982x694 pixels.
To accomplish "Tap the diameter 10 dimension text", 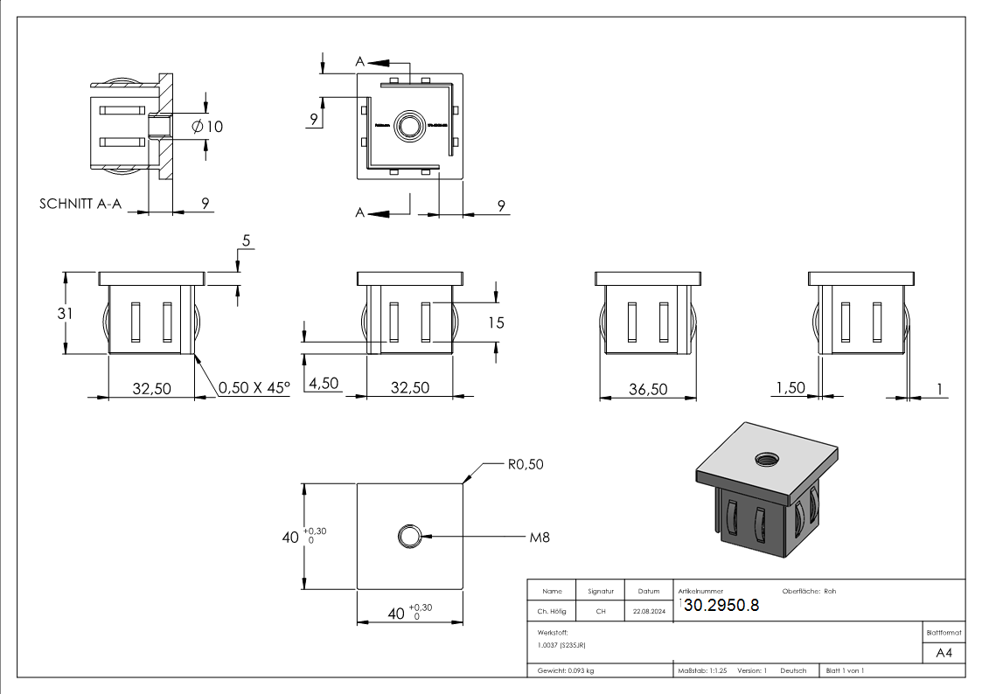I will tap(206, 127).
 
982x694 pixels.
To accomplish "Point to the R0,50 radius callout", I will tap(525, 464).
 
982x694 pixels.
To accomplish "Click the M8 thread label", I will tap(540, 537).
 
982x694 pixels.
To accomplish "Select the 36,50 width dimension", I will tap(648, 389).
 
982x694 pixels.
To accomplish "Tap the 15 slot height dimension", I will tap(496, 323).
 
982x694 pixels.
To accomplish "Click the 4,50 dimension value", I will tap(323, 385).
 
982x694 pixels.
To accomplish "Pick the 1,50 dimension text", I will tap(790, 387).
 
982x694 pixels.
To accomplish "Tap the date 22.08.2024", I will tap(649, 612).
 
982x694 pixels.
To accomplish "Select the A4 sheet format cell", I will tap(944, 653).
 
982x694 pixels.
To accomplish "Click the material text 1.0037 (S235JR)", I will tap(562, 645).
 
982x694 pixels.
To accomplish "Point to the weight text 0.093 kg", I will tap(566, 670).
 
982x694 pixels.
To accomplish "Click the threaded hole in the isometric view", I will tap(769, 458).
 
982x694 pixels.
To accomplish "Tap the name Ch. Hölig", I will tap(552, 612).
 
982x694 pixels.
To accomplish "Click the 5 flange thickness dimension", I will tap(247, 240).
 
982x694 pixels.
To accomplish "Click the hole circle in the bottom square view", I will tap(408, 536).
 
